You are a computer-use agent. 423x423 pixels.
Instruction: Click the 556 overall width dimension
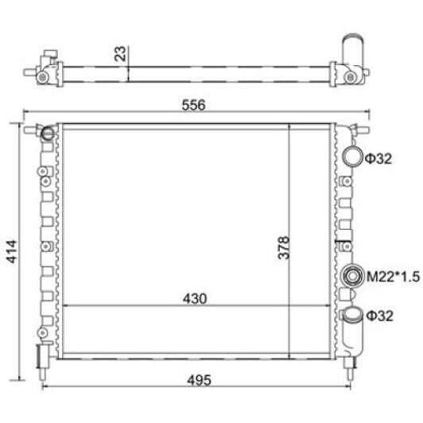pos(193,105)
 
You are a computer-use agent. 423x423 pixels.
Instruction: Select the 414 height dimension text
pos(12,251)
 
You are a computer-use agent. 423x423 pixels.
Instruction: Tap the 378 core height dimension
pos(284,247)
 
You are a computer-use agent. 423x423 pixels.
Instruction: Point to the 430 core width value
pos(195,299)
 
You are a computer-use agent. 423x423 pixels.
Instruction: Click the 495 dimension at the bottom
pos(199,380)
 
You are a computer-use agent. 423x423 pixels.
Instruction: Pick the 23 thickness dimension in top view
pos(120,54)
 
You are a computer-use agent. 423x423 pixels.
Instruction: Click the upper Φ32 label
pos(378,159)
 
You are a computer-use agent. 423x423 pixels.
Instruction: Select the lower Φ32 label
pos(379,316)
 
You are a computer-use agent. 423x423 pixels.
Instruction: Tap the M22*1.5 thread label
pos(393,277)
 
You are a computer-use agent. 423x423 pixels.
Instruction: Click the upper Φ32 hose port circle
pos(352,157)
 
